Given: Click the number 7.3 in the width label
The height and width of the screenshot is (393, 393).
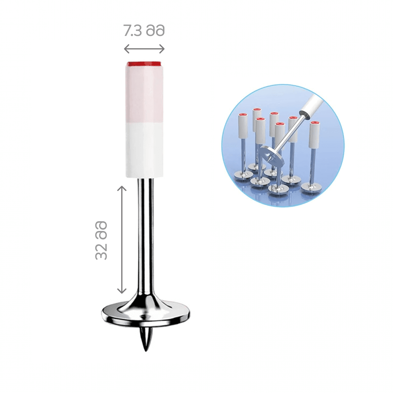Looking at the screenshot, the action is click(133, 31).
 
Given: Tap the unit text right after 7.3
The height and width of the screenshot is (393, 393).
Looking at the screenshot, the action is click(155, 31).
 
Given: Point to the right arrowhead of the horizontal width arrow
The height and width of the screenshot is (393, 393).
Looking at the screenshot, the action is click(161, 49).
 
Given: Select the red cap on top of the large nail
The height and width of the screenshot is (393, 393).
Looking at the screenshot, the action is click(144, 64).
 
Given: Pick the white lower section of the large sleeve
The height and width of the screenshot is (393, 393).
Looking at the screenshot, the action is click(144, 150).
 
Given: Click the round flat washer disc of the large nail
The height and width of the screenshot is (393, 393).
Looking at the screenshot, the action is click(146, 313).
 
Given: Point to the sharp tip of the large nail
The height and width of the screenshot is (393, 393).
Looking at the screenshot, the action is click(146, 350).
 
